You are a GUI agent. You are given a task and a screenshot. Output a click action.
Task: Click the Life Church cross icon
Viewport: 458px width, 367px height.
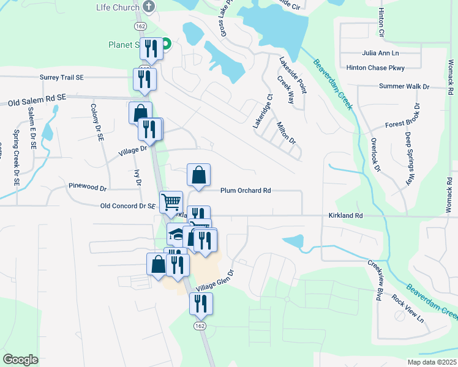pyautogui.click(x=146, y=6)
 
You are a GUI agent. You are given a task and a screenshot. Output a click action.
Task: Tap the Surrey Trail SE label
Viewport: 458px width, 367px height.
pyautogui.click(x=61, y=78)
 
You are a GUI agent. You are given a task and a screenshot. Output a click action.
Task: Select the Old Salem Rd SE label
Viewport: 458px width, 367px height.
pyautogui.click(x=37, y=101)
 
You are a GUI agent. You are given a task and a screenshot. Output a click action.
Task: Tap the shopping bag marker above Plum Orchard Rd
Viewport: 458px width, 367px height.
pyautogui.click(x=198, y=176)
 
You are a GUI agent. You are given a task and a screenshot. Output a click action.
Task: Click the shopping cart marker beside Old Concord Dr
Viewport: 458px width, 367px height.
pyautogui.click(x=171, y=201)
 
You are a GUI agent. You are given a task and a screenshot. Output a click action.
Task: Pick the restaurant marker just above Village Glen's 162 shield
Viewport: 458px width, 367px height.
pyautogui.click(x=200, y=304)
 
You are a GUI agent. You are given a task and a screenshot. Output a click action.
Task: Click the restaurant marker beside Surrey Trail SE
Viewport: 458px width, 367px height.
pyautogui.click(x=145, y=80)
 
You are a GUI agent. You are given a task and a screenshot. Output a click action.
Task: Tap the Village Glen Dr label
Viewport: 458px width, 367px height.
pyautogui.click(x=215, y=280)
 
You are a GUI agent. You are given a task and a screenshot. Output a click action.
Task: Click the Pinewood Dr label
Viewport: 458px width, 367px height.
pyautogui.click(x=88, y=185)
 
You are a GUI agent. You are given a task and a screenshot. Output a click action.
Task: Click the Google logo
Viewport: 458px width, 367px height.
pyautogui.click(x=21, y=359)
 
